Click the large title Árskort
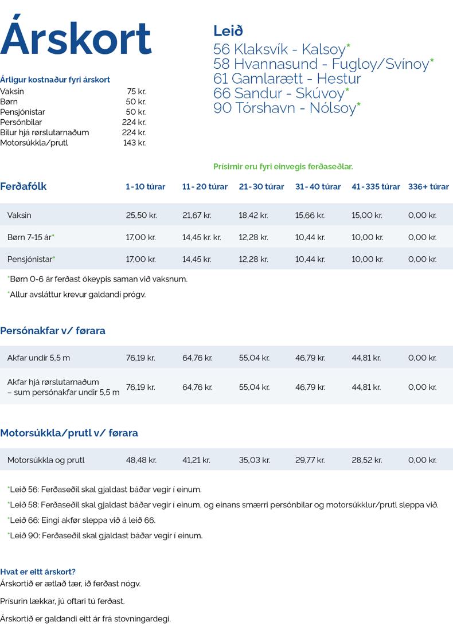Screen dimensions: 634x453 tap(76, 38)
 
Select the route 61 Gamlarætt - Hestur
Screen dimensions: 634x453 tap(287, 78)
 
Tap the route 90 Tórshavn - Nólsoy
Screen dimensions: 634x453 tap(285, 108)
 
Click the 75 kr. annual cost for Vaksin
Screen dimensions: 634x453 tap(136, 91)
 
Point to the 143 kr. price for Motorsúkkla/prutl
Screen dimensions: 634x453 tap(134, 143)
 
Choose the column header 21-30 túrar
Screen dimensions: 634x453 tap(261, 187)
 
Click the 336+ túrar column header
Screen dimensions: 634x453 tap(428, 187)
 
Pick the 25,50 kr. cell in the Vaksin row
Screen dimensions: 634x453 tap(141, 216)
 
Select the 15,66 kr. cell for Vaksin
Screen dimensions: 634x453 tap(310, 216)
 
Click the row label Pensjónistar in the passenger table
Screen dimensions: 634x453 tap(30, 259)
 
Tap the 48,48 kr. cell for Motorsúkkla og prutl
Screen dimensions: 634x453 tap(141, 460)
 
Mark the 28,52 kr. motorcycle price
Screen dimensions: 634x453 tap(366, 460)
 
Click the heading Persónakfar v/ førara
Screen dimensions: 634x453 tap(53, 331)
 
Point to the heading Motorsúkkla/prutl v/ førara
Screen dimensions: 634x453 tap(69, 433)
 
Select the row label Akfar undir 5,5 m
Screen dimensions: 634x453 tap(38, 358)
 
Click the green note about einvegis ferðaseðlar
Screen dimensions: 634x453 tap(283, 167)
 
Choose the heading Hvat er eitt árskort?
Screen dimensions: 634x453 tap(38, 572)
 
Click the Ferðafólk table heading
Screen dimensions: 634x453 tap(24, 186)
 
